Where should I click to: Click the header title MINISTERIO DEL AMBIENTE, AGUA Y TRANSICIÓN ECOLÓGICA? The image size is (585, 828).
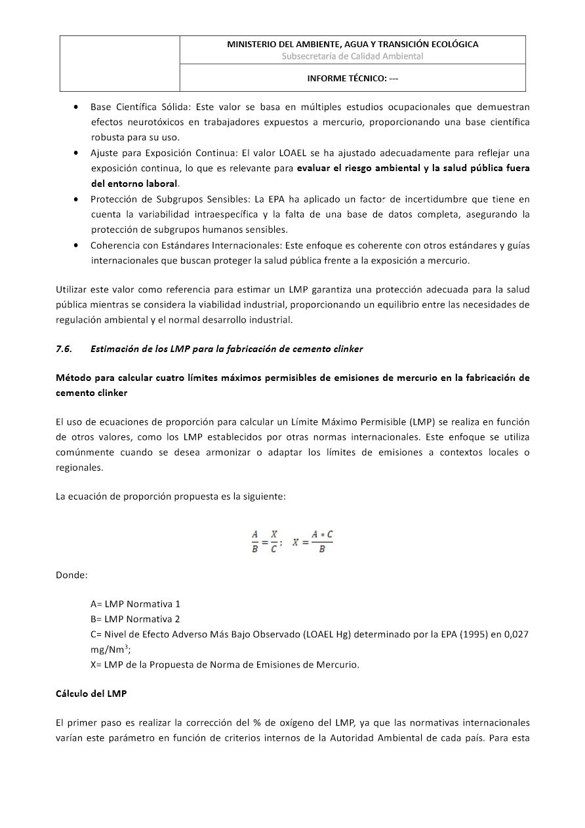pyautogui.click(x=352, y=45)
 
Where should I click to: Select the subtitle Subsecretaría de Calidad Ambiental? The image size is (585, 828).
pyautogui.click(x=352, y=56)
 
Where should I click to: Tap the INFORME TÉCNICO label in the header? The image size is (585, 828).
pyautogui.click(x=352, y=78)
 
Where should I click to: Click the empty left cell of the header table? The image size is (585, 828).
pyautogui.click(x=119, y=63)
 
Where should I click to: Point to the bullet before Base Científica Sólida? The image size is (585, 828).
pyautogui.click(x=77, y=106)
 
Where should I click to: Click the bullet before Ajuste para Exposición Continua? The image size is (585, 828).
pyautogui.click(x=77, y=153)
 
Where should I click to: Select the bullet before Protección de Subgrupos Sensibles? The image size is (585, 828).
pyautogui.click(x=77, y=199)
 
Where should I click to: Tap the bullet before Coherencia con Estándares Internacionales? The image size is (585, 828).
pyautogui.click(x=77, y=245)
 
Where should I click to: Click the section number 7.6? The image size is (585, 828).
pyautogui.click(x=64, y=349)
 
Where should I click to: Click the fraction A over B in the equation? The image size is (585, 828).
pyautogui.click(x=255, y=542)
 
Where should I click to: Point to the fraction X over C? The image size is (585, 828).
pyautogui.click(x=273, y=542)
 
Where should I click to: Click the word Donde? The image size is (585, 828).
pyautogui.click(x=71, y=576)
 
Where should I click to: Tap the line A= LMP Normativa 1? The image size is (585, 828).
pyautogui.click(x=135, y=604)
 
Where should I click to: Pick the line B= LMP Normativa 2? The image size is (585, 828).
pyautogui.click(x=135, y=619)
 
